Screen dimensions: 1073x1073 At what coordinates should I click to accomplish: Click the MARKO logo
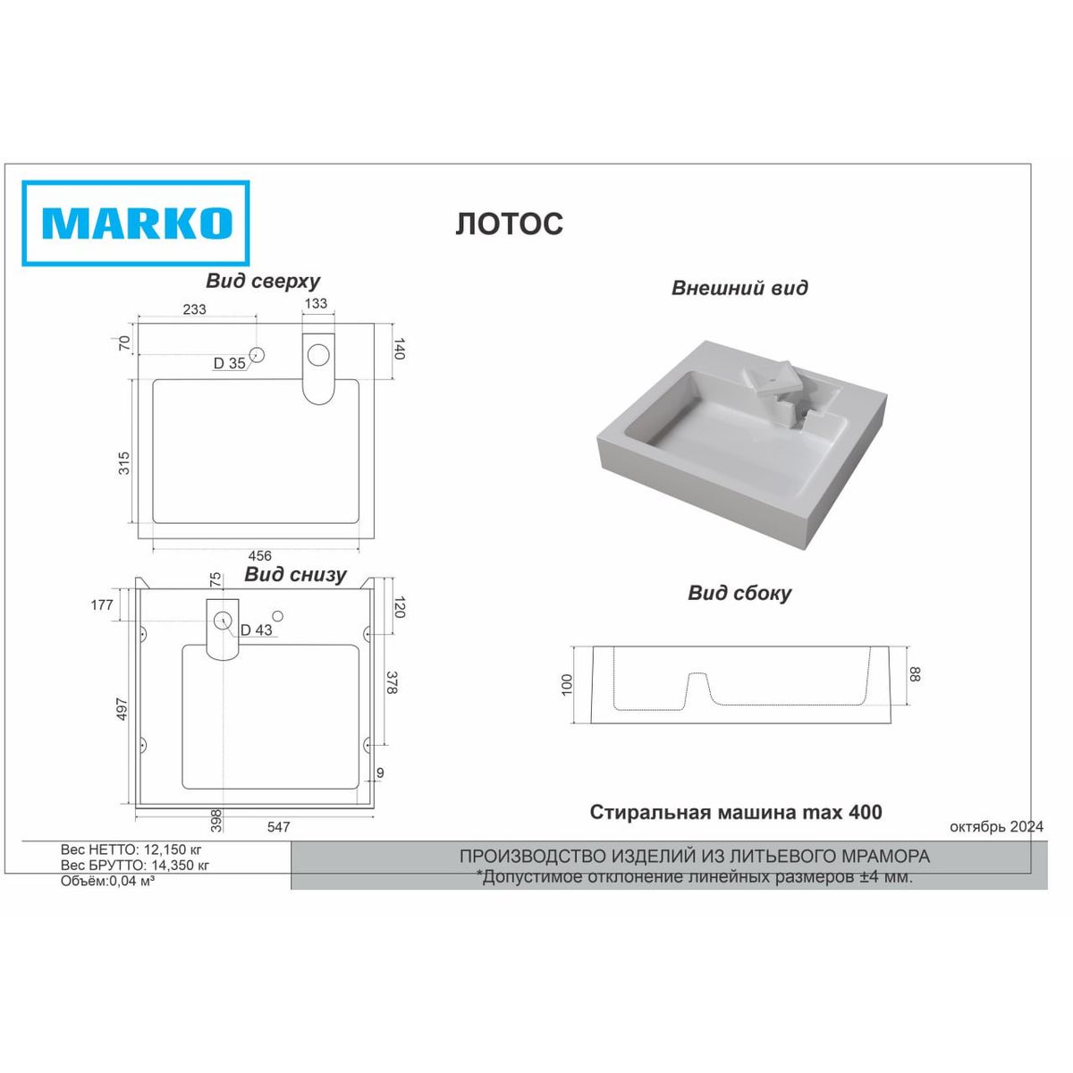click(x=135, y=224)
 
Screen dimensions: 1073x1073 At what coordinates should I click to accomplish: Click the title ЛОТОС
click(x=510, y=224)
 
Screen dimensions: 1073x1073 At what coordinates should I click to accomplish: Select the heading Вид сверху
click(x=263, y=281)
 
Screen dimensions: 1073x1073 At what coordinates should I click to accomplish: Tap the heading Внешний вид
click(x=739, y=288)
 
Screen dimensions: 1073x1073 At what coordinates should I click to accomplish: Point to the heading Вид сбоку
click(x=739, y=593)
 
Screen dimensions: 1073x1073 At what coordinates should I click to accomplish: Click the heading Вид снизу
click(x=295, y=574)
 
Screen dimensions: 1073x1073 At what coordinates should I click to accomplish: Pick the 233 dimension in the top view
click(x=194, y=309)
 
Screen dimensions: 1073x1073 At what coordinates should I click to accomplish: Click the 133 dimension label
click(x=317, y=303)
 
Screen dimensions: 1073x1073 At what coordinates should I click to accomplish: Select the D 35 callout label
click(x=230, y=363)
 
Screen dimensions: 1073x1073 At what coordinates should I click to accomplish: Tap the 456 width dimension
click(x=260, y=555)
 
